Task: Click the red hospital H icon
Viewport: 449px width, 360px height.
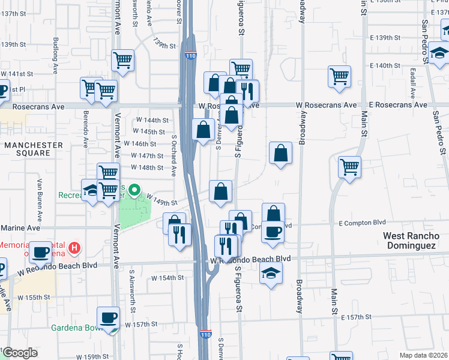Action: (74, 247)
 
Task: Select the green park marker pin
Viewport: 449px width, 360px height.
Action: (134, 193)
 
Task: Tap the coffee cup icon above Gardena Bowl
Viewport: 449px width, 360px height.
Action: (109, 318)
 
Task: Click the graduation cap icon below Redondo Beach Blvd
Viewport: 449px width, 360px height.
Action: (271, 274)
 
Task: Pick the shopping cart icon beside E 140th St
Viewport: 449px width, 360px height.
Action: (339, 77)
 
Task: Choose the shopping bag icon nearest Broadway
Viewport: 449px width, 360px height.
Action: (280, 154)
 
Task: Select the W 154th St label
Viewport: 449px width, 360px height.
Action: (166, 278)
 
